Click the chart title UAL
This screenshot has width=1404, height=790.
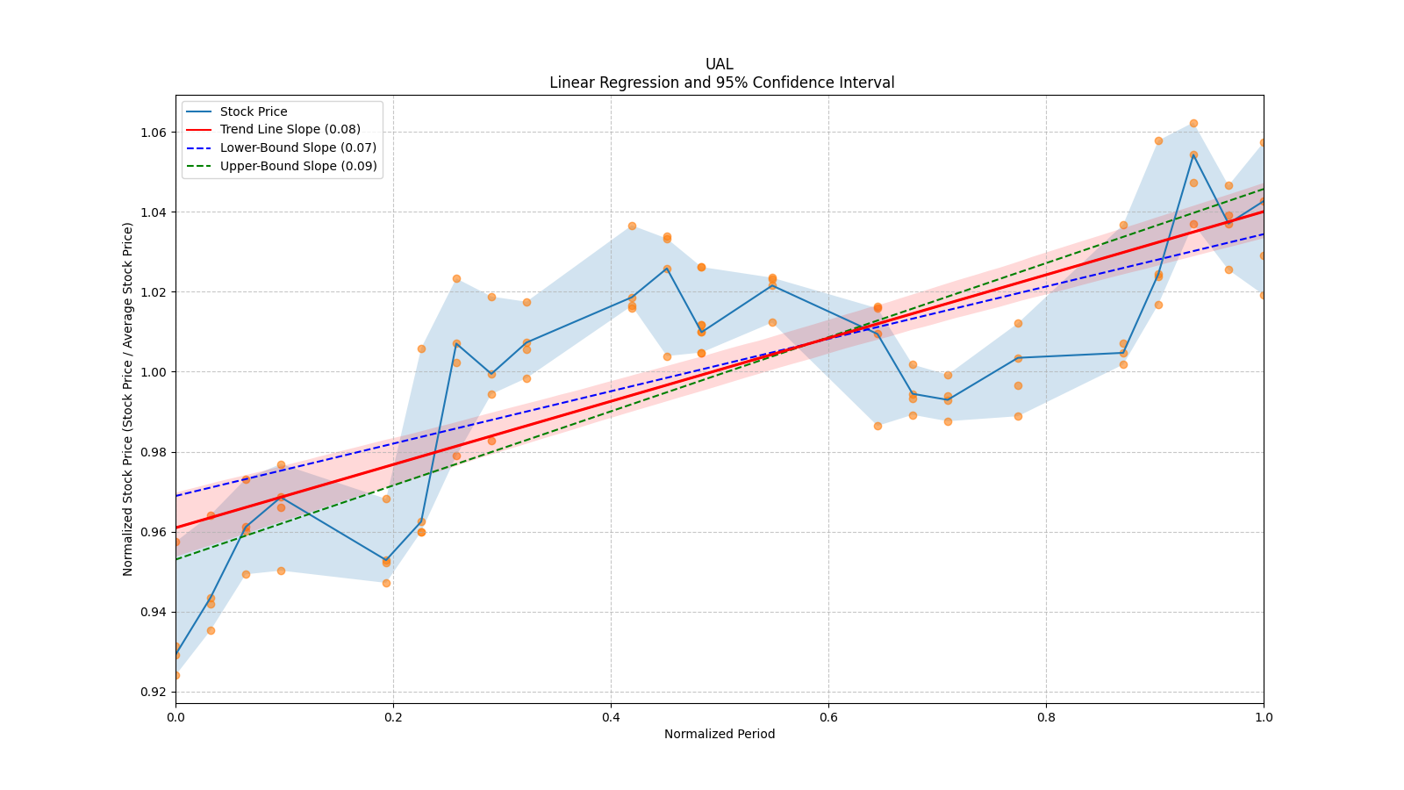click(719, 64)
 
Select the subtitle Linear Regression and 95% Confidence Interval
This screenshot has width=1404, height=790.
click(721, 83)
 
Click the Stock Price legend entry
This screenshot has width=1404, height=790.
click(254, 111)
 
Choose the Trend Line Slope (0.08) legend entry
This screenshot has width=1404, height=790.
click(290, 130)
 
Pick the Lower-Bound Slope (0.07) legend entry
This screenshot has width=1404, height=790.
click(297, 147)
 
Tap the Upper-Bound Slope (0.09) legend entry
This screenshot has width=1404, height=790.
click(298, 166)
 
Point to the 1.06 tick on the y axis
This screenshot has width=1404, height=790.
click(154, 133)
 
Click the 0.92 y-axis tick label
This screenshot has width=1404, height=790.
click(154, 692)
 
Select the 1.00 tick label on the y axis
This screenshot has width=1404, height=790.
click(154, 372)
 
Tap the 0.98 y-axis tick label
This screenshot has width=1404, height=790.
click(154, 452)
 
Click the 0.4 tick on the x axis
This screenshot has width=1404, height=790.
click(611, 716)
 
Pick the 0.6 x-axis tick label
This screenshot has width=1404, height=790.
click(828, 716)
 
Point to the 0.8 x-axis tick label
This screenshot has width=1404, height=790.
click(1046, 716)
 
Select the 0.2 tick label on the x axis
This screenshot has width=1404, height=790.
click(393, 716)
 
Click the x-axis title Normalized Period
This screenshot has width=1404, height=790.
click(720, 734)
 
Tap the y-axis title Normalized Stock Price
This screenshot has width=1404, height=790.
click(128, 399)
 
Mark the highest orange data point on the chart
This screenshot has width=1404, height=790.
click(1193, 124)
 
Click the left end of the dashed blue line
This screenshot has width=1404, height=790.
click(176, 496)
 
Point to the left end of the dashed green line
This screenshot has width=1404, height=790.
click(176, 559)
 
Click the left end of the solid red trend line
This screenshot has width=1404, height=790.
click(176, 528)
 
